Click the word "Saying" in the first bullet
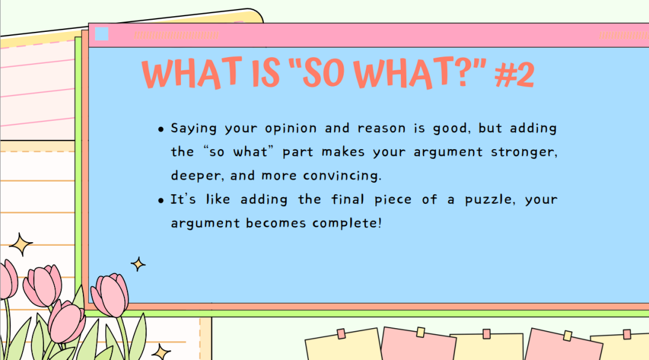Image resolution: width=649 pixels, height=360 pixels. pyautogui.click(x=193, y=128)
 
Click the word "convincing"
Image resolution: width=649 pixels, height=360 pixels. pyautogui.click(x=342, y=175)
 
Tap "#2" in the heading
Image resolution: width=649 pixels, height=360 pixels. pyautogui.click(x=514, y=75)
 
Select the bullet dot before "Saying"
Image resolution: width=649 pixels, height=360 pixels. pyautogui.click(x=161, y=130)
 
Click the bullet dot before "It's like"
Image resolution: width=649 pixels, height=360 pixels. pyautogui.click(x=161, y=201)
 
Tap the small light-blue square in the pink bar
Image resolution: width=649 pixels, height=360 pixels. pyautogui.click(x=102, y=34)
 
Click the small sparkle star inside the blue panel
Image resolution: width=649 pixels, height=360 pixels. pyautogui.click(x=138, y=264)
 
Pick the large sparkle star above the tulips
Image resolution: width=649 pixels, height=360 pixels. pyautogui.click(x=20, y=245)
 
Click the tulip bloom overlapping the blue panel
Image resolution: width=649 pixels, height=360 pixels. pyautogui.click(x=110, y=294)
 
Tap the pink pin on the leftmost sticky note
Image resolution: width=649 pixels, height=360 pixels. pyautogui.click(x=341, y=334)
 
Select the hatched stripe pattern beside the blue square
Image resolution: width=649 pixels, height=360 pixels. pyautogui.click(x=176, y=35)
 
